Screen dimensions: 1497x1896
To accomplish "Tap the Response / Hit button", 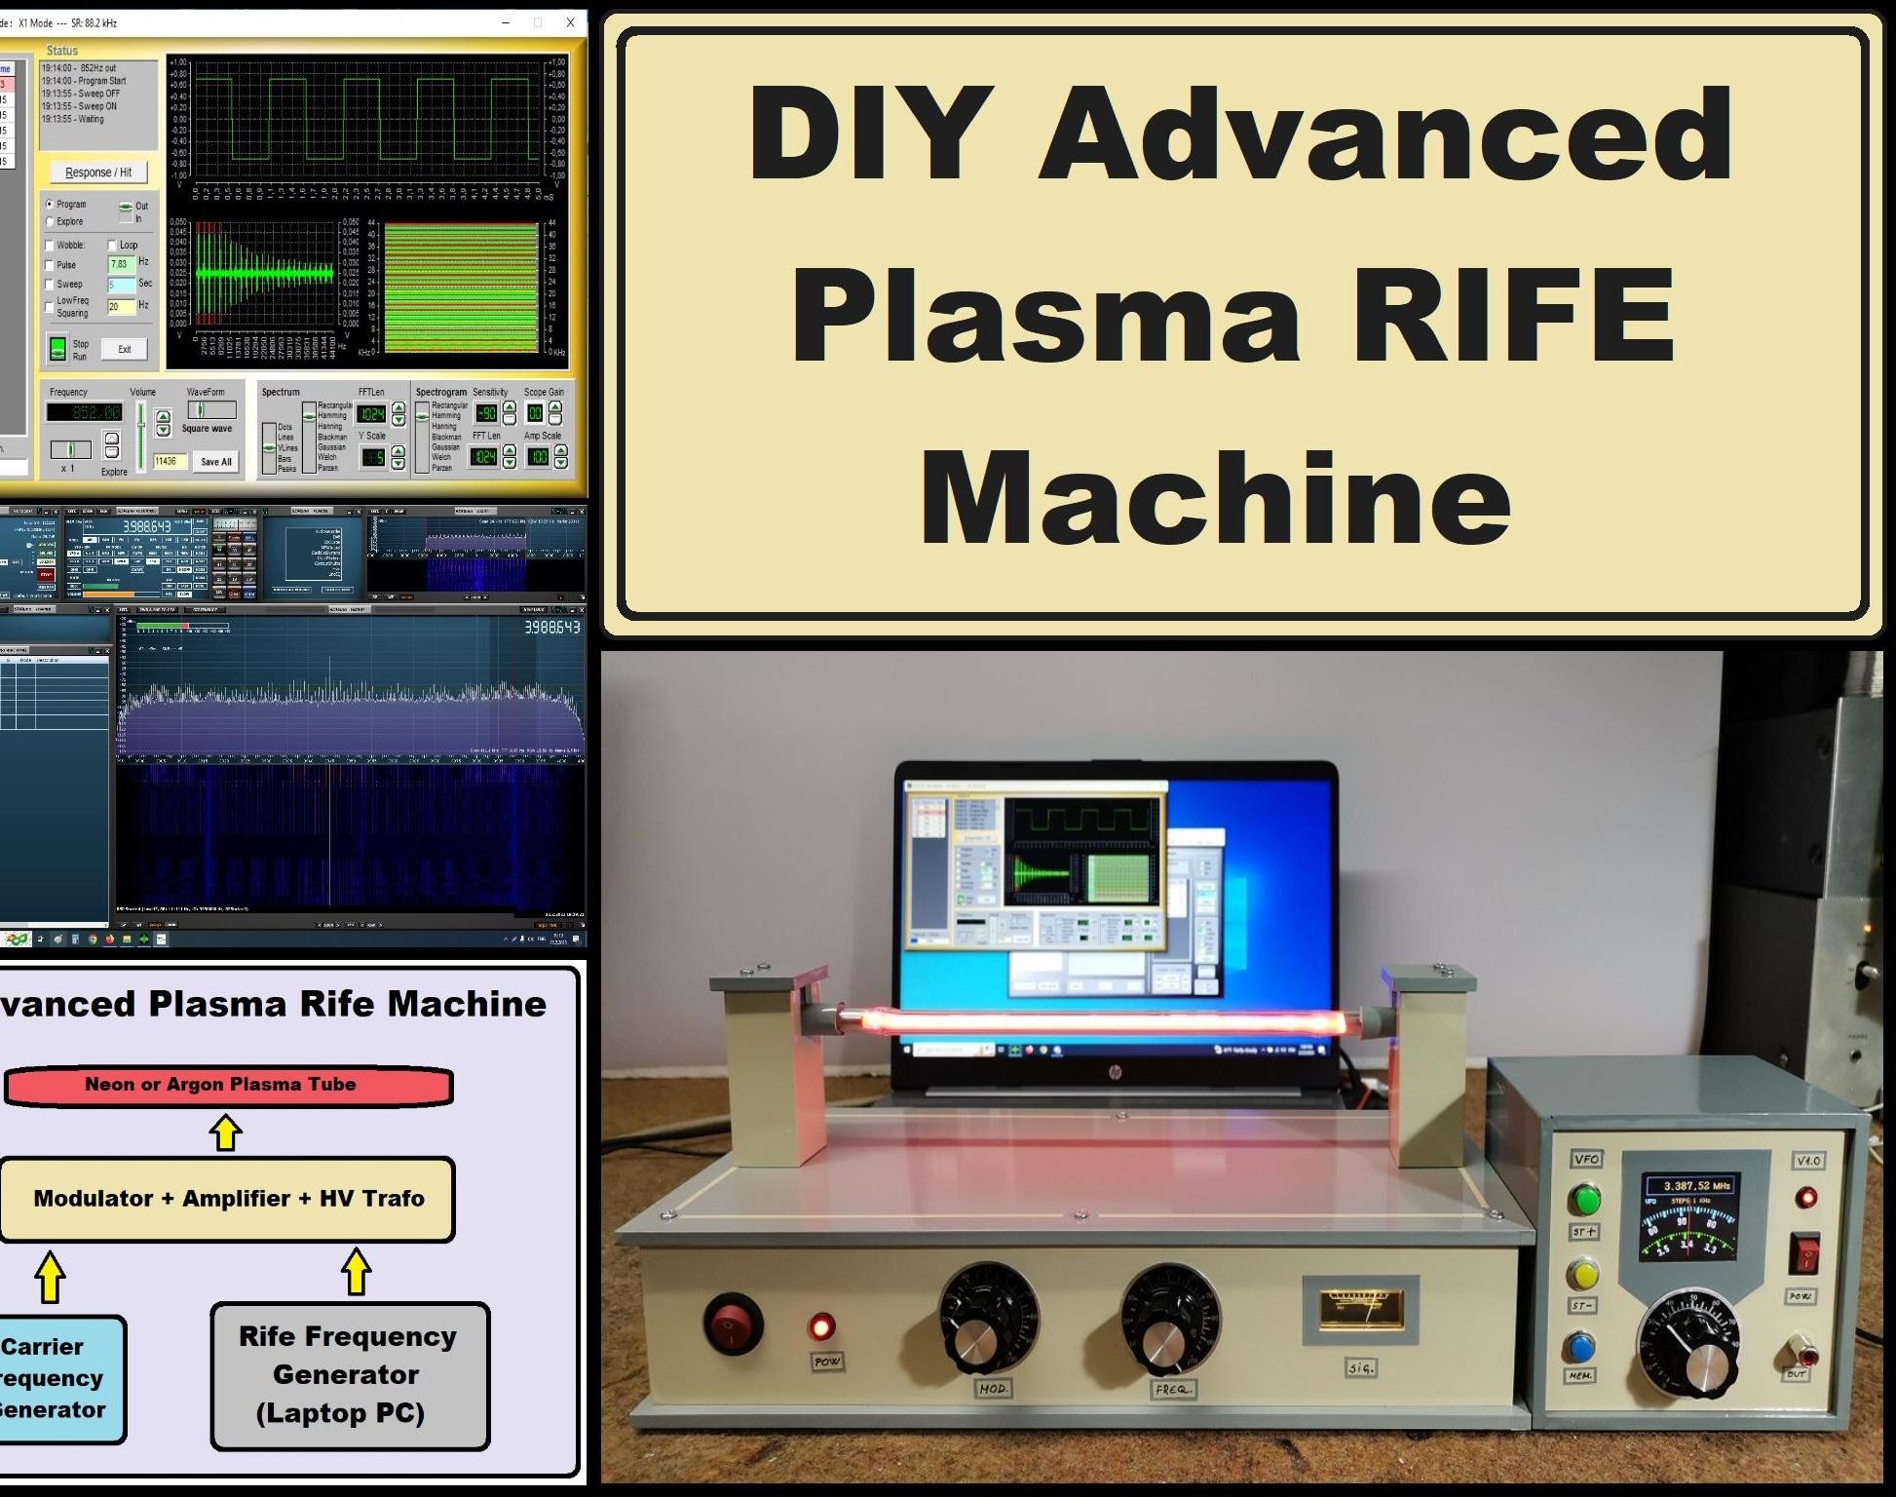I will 98,173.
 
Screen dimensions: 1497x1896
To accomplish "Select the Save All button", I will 215,462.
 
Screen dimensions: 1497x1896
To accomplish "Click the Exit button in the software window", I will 125,349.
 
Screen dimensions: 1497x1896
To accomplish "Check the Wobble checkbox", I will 50,246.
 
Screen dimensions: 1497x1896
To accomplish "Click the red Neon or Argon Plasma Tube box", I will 228,1086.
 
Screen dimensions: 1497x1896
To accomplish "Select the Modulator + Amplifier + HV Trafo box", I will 228,1199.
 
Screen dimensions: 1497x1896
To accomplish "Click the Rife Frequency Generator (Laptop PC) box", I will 349,1375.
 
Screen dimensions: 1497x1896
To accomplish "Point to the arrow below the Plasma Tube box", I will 226,1132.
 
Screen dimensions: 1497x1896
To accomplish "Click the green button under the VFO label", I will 1585,1198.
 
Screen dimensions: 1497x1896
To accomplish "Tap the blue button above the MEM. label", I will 1579,1347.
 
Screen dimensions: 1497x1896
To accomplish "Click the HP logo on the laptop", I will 1115,1073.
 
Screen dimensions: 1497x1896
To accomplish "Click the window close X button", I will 570,22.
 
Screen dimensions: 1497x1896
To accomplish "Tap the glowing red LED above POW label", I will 822,1325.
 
